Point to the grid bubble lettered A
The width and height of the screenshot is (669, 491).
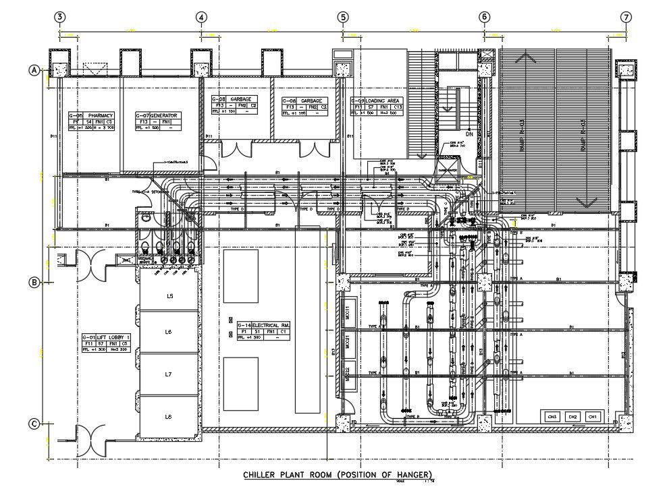tap(33, 69)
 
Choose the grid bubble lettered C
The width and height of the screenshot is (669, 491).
tap(33, 424)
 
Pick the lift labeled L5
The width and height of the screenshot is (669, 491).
tap(169, 296)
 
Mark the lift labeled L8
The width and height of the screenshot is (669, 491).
tap(169, 417)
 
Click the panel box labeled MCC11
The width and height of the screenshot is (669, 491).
tap(347, 314)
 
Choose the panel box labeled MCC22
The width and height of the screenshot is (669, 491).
tap(347, 371)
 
